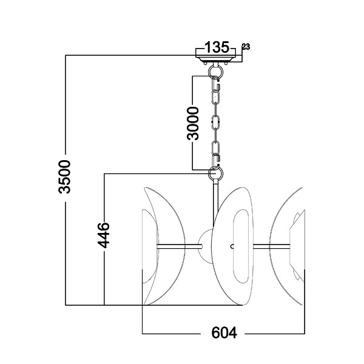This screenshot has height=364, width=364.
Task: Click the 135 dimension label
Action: [x=217, y=47]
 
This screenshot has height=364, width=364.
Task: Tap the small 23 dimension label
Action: [x=246, y=47]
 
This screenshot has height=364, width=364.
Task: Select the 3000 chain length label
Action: [x=193, y=123]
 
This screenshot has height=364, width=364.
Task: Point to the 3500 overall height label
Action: [x=64, y=177]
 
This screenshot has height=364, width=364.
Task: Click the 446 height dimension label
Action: [x=104, y=235]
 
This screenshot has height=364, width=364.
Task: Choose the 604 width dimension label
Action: [x=224, y=332]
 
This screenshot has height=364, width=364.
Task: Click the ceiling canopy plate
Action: [x=216, y=59]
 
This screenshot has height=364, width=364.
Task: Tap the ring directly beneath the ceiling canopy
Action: [x=216, y=71]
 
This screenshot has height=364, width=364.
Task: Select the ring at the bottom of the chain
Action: [x=216, y=173]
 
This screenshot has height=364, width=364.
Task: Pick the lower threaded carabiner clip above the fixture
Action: [x=216, y=160]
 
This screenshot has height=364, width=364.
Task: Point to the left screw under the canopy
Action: [x=205, y=63]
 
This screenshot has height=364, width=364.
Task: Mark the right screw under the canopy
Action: [x=226, y=63]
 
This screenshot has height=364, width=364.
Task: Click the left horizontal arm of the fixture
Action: [x=180, y=246]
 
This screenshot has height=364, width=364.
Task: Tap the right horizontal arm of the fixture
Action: [x=271, y=246]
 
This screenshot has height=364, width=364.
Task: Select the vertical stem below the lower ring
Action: [x=216, y=204]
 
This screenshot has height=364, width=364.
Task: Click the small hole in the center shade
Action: [x=232, y=246]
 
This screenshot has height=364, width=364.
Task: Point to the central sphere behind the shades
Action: [x=206, y=246]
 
